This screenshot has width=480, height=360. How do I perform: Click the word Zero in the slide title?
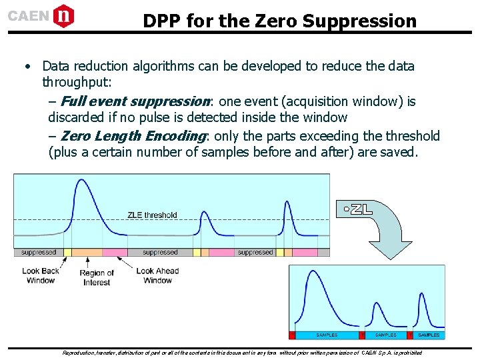[272, 21]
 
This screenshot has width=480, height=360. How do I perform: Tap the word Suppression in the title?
[359, 21]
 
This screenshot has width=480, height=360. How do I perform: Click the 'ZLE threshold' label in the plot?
[152, 215]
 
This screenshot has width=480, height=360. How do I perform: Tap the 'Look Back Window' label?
[41, 275]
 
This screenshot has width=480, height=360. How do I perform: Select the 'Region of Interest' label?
[97, 277]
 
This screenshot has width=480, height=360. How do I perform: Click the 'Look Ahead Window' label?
[157, 275]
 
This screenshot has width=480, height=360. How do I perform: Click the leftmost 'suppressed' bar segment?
[38, 253]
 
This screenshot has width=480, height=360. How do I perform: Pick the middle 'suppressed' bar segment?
[160, 253]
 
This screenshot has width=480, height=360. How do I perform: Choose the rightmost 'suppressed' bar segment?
[255, 253]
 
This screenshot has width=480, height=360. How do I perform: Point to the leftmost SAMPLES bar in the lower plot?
[327, 335]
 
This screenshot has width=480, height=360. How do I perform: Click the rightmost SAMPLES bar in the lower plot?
[429, 335]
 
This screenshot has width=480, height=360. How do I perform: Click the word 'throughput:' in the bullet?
[77, 83]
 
